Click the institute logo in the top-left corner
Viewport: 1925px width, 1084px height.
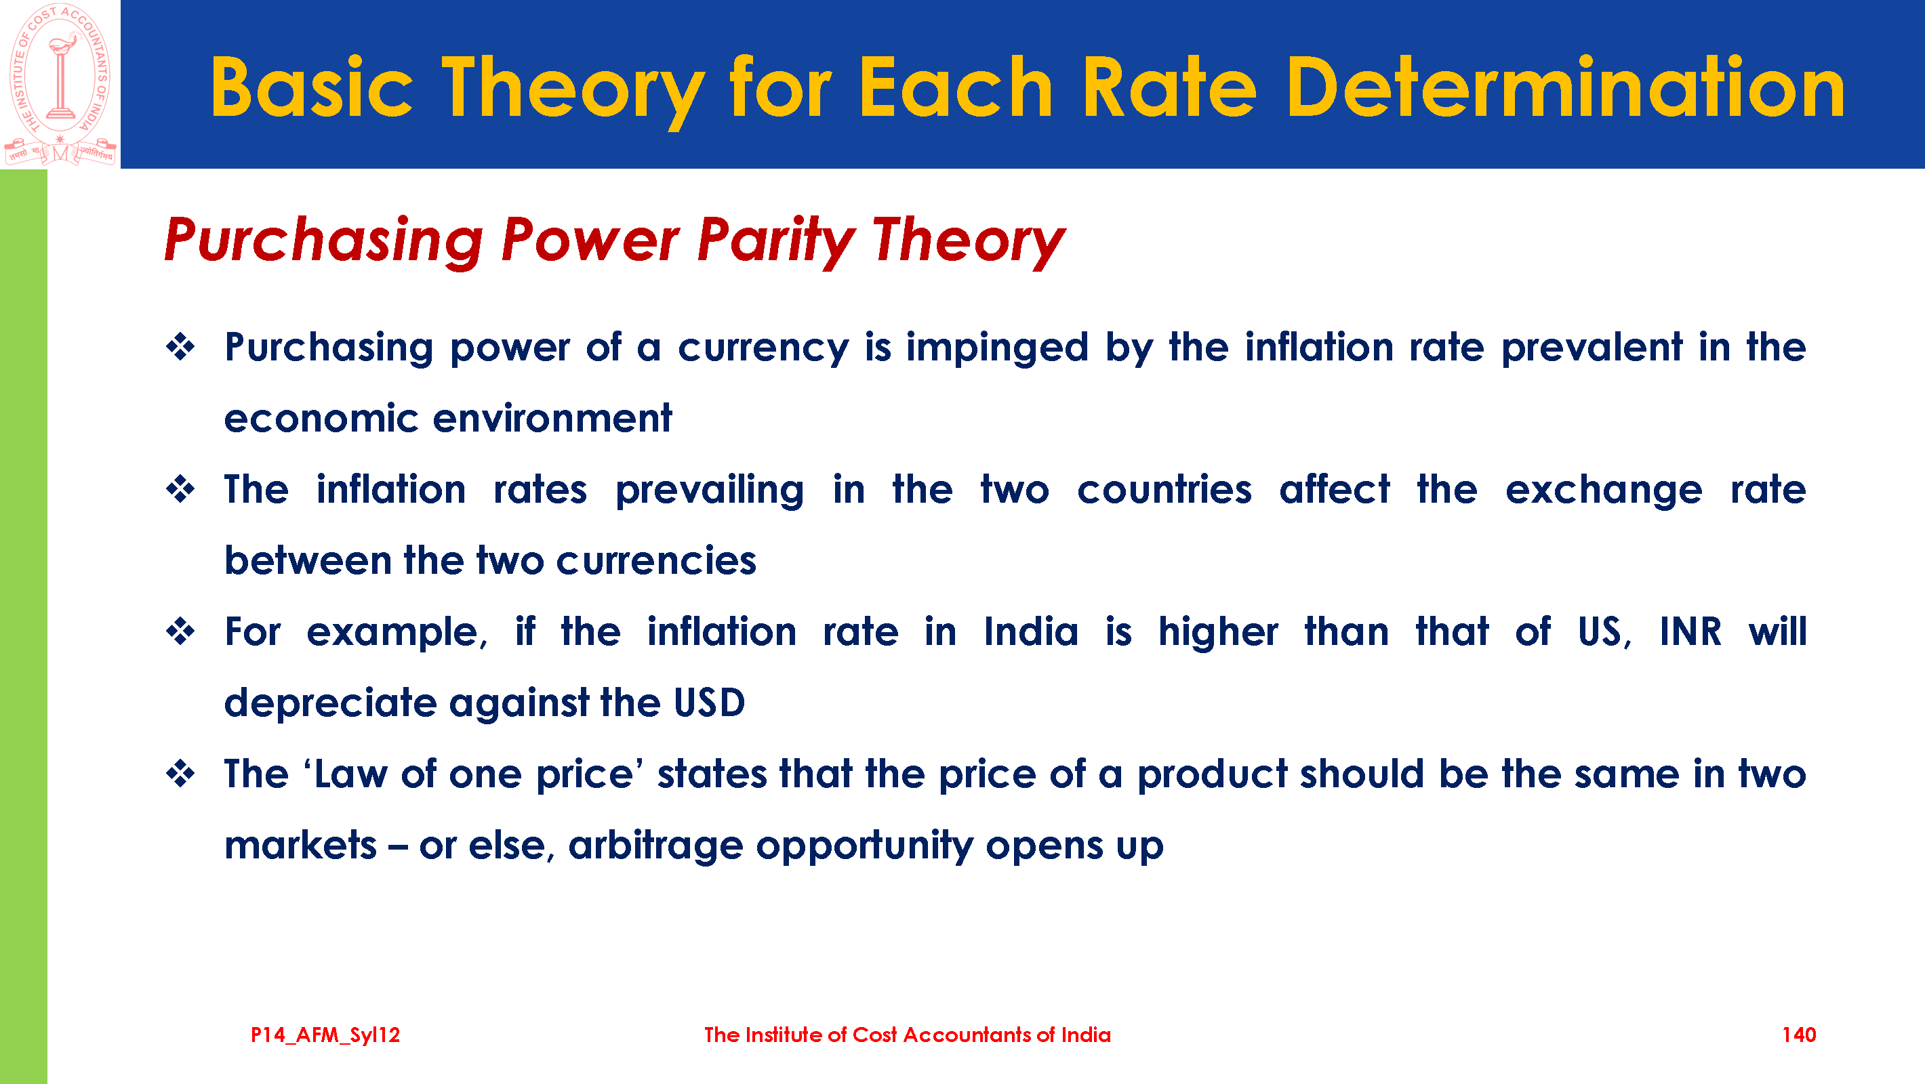pos(60,84)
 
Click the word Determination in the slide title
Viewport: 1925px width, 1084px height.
pos(1565,88)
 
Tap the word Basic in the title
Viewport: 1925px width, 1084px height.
pos(311,88)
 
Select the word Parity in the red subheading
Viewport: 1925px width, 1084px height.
pos(775,241)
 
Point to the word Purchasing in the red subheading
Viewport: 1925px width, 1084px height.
pos(323,241)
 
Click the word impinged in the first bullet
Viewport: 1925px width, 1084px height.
pos(997,348)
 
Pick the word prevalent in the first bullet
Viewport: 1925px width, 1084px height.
pos(1591,347)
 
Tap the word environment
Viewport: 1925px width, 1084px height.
pos(552,419)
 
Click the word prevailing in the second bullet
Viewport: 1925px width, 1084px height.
pos(709,491)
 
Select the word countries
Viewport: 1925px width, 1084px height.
pos(1164,490)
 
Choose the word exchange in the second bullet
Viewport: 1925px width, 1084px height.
pos(1604,491)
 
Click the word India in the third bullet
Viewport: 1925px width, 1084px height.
pos(1031,632)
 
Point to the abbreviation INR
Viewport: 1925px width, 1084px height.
pos(1690,632)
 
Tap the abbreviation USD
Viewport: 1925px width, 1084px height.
pos(709,703)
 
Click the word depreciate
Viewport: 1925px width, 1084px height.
pos(330,704)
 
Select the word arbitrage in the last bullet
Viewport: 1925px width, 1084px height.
pos(655,846)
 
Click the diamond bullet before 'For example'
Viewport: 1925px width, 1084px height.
pos(180,632)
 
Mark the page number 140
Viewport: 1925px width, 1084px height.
pos(1799,1035)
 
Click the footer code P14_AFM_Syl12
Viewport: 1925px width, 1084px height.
pos(325,1035)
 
